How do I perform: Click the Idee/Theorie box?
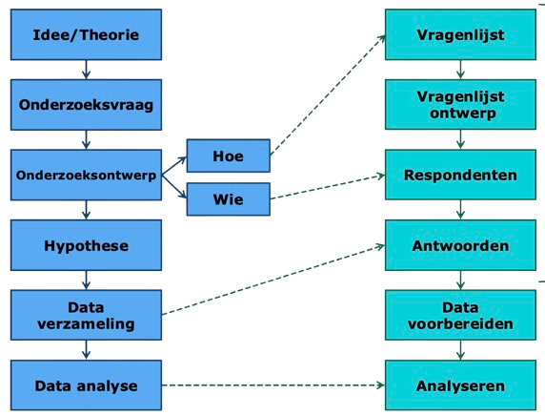coord(86,34)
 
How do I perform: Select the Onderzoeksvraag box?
coord(86,105)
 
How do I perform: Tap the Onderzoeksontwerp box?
coord(86,175)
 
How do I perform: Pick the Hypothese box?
coord(86,245)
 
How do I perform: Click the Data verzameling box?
coord(86,315)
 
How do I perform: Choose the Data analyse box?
coord(86,385)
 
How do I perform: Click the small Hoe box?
coord(229,156)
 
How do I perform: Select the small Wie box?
coord(229,199)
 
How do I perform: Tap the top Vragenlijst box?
coord(460,34)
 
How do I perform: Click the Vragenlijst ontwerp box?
coord(460,104)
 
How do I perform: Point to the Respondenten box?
coord(460,175)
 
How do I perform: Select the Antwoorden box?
coord(460,245)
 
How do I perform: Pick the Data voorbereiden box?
coord(460,315)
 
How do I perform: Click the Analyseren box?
coord(460,385)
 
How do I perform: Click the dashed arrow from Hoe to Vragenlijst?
coord(328,94)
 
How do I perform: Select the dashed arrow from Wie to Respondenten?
coord(328,187)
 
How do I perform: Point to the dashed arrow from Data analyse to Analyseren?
coord(273,385)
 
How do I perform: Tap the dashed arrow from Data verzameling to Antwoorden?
coord(273,281)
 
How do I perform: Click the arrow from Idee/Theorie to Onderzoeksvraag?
coord(86,70)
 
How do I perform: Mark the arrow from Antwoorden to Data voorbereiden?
coord(460,280)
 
